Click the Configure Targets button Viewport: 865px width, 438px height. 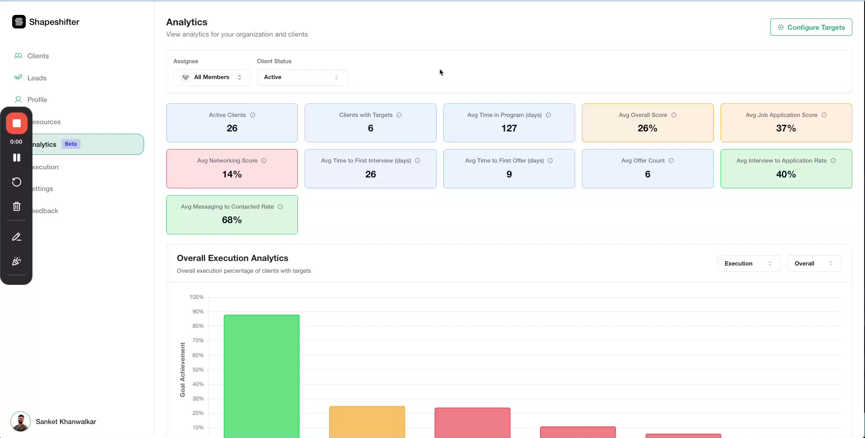811,27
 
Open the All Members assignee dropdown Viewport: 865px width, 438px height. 211,77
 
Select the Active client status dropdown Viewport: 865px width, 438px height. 302,77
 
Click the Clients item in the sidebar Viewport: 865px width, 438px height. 38,56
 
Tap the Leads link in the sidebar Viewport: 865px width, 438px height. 37,78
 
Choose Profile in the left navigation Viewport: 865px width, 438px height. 37,100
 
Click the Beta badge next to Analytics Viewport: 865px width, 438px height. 70,144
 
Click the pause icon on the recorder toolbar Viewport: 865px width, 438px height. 17,158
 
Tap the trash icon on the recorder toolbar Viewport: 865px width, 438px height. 17,206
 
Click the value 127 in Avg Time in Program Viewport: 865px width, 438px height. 509,128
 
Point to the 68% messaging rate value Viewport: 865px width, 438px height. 232,220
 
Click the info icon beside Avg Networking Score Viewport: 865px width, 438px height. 264,161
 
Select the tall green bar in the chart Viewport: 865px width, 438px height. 261,375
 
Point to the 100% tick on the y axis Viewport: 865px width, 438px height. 196,297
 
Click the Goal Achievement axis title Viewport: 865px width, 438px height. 182,369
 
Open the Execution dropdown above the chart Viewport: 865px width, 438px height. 748,264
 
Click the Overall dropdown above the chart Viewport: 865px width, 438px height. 814,264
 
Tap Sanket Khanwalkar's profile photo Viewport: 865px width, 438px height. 20,422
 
